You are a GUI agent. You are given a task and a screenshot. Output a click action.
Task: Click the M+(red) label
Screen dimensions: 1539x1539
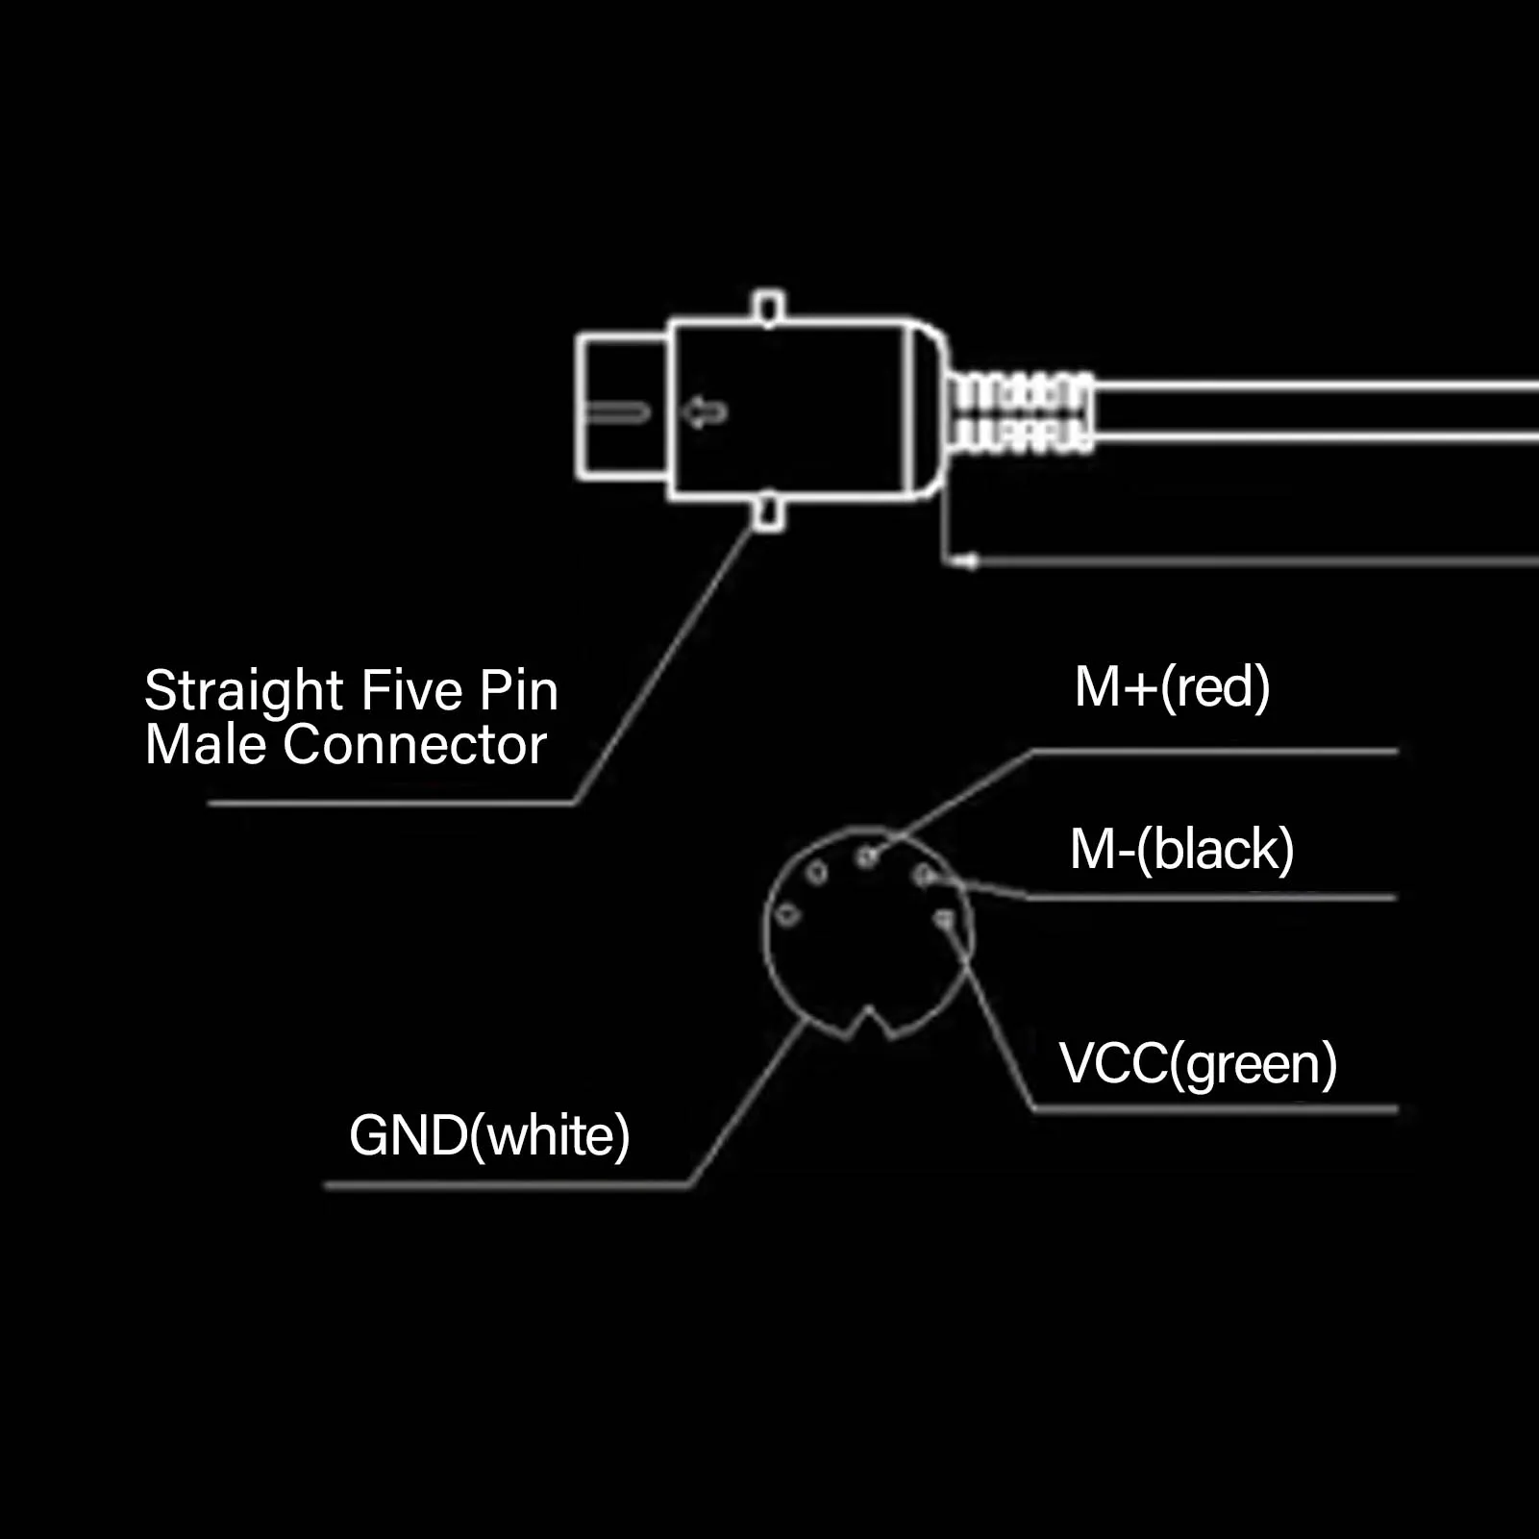1172,687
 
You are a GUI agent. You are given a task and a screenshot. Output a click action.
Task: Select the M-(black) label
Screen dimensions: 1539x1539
1181,849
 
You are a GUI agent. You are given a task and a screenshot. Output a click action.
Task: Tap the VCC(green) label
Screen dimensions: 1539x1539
1198,1063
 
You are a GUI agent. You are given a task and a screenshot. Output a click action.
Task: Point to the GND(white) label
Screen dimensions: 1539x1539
489,1135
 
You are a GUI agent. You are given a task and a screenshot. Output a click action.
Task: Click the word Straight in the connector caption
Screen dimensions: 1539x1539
244,691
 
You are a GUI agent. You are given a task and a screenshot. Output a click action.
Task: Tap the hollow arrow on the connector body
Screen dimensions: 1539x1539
706,412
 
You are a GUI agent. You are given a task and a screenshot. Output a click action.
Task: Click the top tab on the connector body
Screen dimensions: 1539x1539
768,307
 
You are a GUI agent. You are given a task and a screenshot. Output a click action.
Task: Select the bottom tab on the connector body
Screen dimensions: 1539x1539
768,511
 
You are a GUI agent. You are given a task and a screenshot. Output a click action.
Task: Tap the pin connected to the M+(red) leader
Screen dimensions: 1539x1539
867,856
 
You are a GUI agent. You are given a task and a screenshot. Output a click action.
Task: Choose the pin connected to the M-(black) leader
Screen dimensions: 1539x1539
924,875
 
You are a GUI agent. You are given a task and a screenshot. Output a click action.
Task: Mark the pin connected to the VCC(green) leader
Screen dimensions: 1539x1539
944,920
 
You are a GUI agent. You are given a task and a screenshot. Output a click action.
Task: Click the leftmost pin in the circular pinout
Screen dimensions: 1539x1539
787,914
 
